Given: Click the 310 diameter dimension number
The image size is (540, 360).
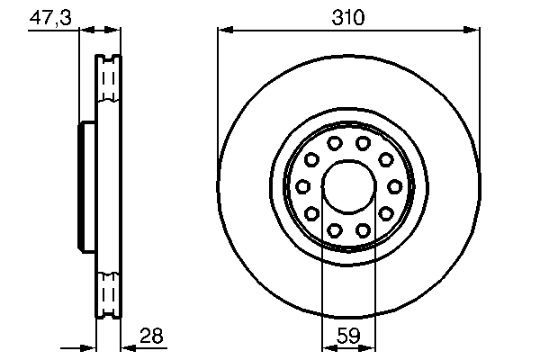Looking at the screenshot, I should (x=347, y=15).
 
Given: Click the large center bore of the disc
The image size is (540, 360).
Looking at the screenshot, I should (x=347, y=186).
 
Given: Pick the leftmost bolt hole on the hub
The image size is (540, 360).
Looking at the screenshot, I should (x=302, y=186).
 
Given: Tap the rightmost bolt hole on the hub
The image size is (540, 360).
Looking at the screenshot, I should (x=393, y=186).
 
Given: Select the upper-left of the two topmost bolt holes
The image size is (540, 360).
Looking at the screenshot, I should (x=333, y=143).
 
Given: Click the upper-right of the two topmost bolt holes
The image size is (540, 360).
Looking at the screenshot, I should (x=362, y=143).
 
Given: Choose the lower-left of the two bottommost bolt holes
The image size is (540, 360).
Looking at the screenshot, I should (x=333, y=230).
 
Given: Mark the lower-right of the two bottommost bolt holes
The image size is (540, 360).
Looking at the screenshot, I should (x=362, y=230).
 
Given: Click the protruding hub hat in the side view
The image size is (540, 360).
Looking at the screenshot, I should (x=87, y=186).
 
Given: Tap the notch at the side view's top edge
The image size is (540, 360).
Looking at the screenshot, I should (x=108, y=59).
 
